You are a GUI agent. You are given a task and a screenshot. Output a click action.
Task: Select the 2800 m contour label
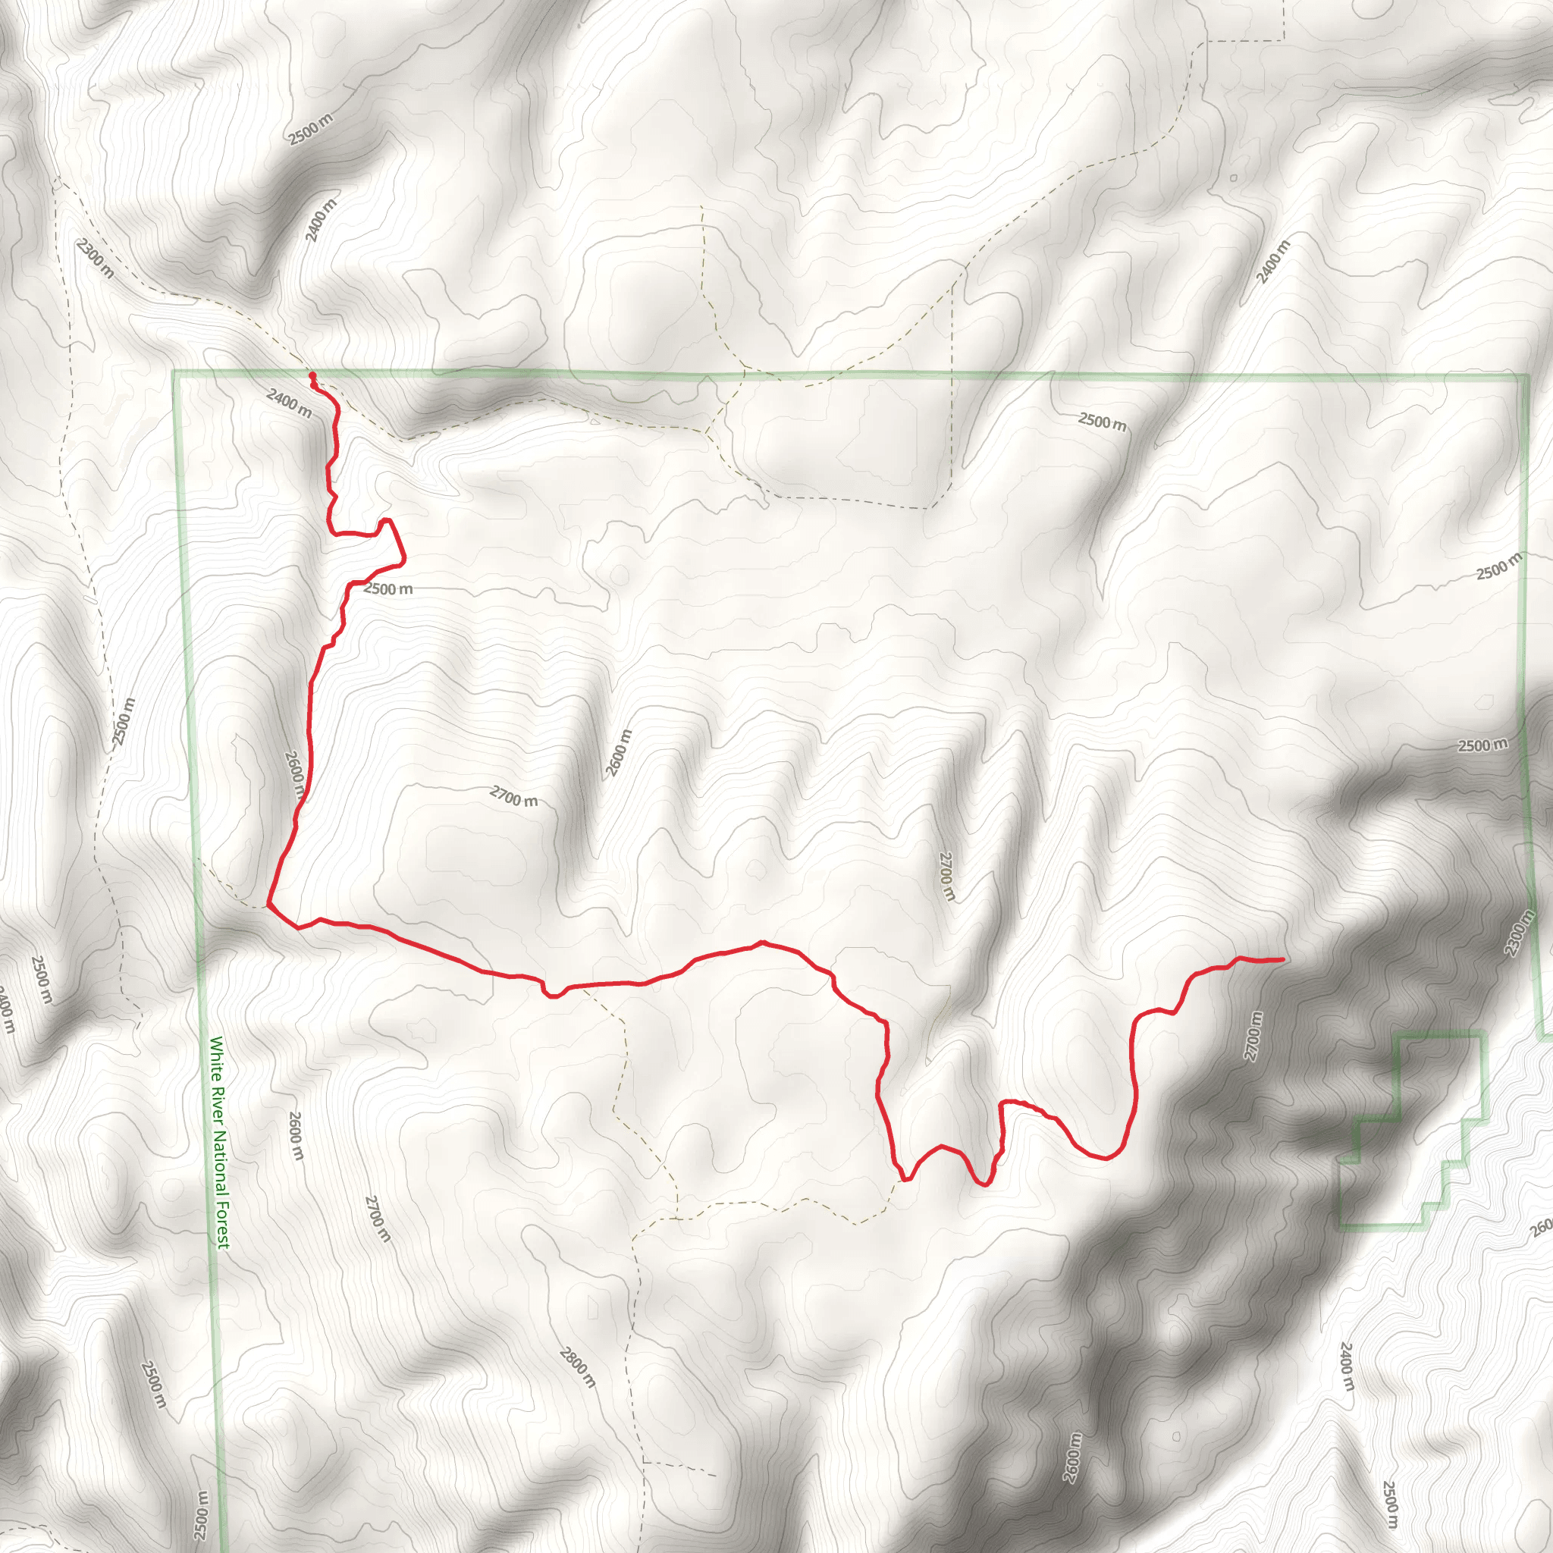point(577,1367)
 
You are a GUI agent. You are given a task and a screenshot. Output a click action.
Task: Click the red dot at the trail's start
point(312,375)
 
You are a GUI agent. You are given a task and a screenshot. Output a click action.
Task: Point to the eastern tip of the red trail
point(1282,959)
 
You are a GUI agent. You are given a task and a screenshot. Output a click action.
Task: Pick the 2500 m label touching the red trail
point(388,589)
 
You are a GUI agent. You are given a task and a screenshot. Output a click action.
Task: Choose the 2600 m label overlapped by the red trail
point(295,773)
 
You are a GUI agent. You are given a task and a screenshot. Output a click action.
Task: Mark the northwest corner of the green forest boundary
point(175,372)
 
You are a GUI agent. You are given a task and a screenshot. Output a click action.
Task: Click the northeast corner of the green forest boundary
point(1526,375)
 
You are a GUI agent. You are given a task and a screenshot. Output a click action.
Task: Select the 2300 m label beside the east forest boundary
point(1518,933)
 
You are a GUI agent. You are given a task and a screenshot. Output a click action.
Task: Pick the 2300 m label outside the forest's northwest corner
point(95,259)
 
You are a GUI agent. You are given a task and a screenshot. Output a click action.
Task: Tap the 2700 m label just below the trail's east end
point(1253,1035)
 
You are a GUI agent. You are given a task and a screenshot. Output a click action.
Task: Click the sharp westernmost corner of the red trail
point(268,905)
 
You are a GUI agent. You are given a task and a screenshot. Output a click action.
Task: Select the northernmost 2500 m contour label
point(310,130)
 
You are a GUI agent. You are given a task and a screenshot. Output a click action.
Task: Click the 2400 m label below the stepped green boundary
point(1347,1366)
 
